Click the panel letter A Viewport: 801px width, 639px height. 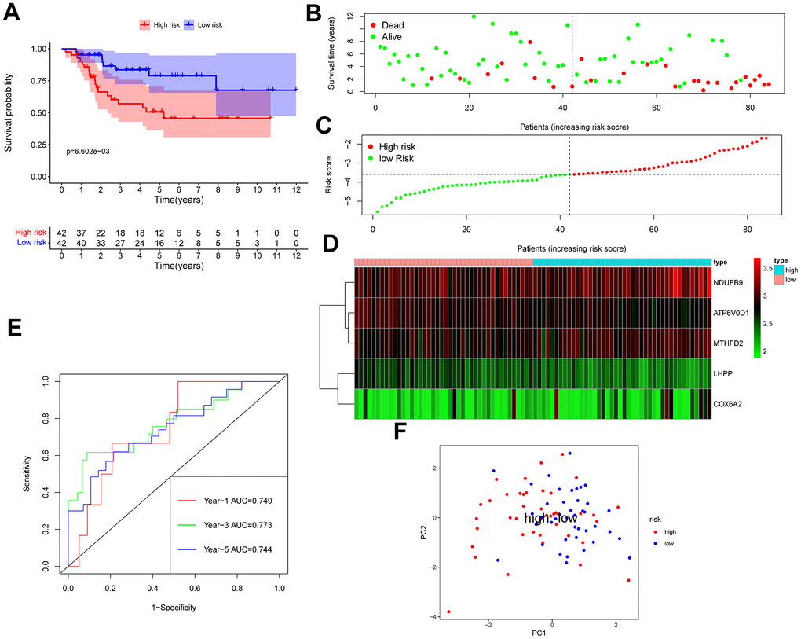point(13,13)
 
